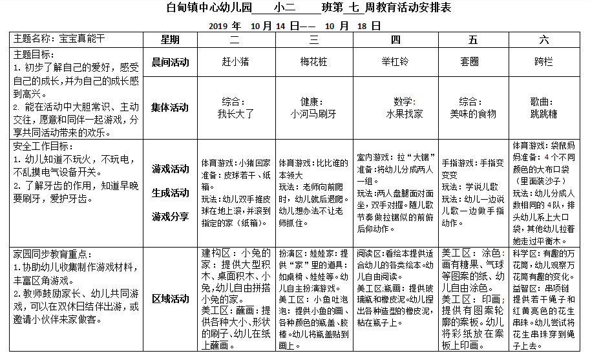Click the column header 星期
(x=170, y=39)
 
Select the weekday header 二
(x=235, y=39)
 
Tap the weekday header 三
(x=314, y=39)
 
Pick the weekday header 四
(x=395, y=39)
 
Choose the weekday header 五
(x=474, y=39)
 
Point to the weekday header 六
(x=545, y=39)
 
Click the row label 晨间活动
(x=170, y=62)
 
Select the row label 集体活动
(x=170, y=107)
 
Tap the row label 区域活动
(x=170, y=299)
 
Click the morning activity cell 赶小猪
(x=235, y=62)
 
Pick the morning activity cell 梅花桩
(x=314, y=62)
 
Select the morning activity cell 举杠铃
(x=395, y=62)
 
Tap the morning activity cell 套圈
(x=474, y=62)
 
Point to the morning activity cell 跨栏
(x=545, y=62)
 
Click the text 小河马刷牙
(x=314, y=114)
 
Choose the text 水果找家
(x=405, y=114)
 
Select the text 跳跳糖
(x=544, y=114)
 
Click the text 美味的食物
(x=474, y=114)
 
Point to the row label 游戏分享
(x=170, y=216)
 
